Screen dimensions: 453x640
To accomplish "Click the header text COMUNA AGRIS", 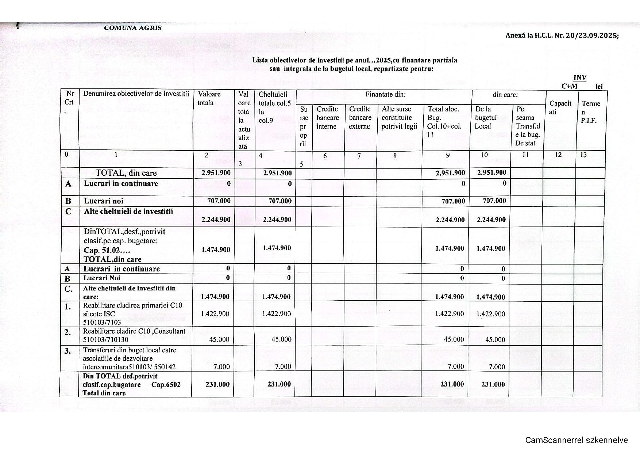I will pyautogui.click(x=133, y=28).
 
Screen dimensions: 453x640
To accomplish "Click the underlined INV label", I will pyautogui.click(x=580, y=77).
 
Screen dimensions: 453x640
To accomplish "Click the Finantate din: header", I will pyautogui.click(x=386, y=94).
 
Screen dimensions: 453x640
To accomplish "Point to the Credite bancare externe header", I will pyautogui.click(x=360, y=118).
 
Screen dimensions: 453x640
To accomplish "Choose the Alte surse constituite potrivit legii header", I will pyautogui.click(x=399, y=118).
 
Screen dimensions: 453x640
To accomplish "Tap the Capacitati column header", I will pyautogui.click(x=560, y=107).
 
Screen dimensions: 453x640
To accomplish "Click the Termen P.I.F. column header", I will pyautogui.click(x=590, y=112).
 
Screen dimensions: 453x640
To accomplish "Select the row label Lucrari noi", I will pyautogui.click(x=104, y=201).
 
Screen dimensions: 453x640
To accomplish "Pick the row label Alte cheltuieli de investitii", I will pyautogui.click(x=128, y=212).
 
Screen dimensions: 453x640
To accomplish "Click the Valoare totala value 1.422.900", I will pyautogui.click(x=215, y=313).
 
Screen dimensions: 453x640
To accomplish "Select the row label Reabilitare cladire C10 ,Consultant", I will pyautogui.click(x=134, y=331).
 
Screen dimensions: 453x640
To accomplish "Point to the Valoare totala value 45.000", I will pyautogui.click(x=219, y=339).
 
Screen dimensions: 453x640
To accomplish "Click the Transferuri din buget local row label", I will pyautogui.click(x=130, y=350).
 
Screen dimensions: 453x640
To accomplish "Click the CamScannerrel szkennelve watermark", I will pyautogui.click(x=577, y=440).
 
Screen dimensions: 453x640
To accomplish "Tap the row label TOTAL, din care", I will pyautogui.click(x=126, y=173).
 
